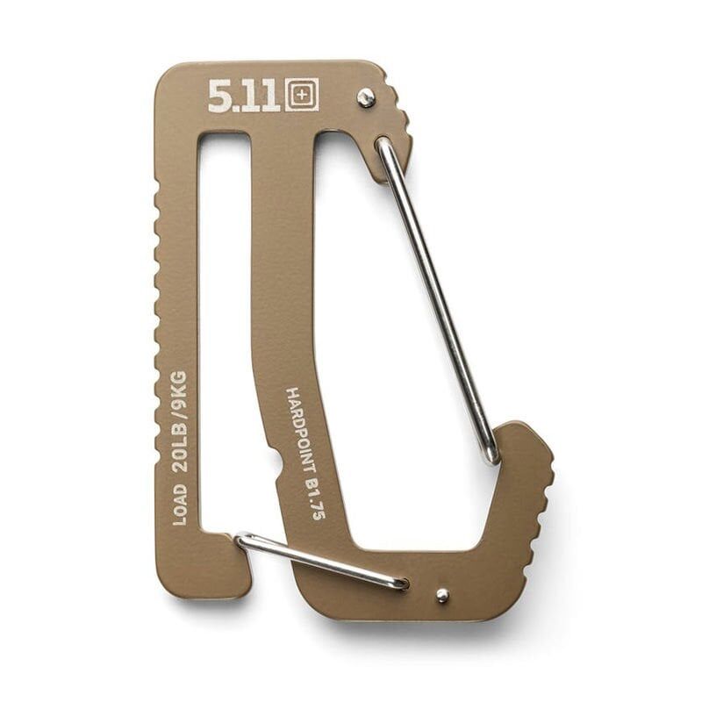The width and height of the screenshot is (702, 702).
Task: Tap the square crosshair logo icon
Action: click(301, 95)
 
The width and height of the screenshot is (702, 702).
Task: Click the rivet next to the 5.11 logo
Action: click(366, 97)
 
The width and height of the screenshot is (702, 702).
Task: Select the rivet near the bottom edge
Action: click(441, 595)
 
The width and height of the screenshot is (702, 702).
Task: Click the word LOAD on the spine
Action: click(179, 504)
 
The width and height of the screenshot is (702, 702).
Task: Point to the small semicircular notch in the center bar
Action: click(280, 462)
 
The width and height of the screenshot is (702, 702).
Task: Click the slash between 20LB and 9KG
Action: click(178, 414)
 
